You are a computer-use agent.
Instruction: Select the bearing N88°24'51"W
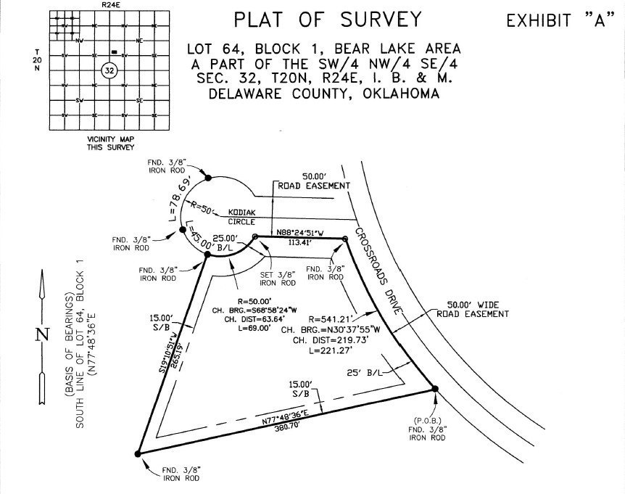point(300,234)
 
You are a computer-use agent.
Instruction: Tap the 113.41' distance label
point(301,244)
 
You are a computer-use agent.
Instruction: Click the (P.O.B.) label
point(426,421)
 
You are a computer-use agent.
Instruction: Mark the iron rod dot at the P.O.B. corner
point(435,390)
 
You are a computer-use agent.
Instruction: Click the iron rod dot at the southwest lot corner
point(138,453)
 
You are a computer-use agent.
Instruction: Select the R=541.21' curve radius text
point(330,318)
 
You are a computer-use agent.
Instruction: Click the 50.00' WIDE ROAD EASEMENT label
point(473,310)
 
